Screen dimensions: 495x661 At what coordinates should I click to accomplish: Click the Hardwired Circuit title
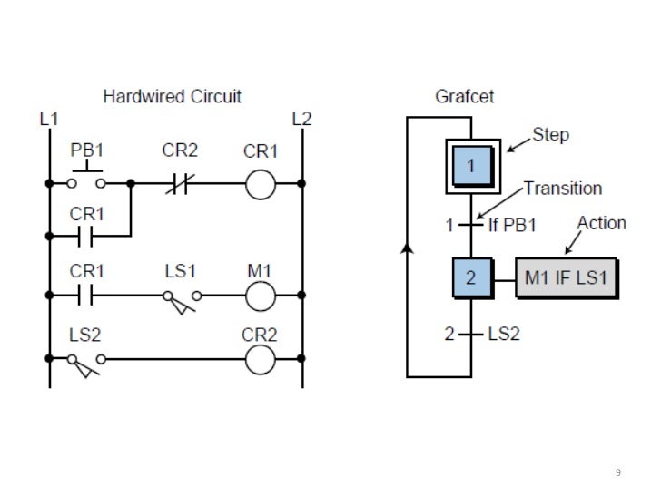tap(172, 95)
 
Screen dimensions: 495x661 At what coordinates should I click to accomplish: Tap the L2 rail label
tap(301, 119)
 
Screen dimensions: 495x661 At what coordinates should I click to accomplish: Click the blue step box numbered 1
tap(470, 166)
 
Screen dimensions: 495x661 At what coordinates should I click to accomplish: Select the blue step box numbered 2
tap(470, 279)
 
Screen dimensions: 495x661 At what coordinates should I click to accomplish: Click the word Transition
tap(563, 189)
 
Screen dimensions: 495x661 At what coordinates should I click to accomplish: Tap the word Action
tap(601, 223)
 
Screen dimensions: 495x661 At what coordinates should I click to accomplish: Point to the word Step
tap(551, 135)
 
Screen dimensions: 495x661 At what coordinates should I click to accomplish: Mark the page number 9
tap(618, 472)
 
